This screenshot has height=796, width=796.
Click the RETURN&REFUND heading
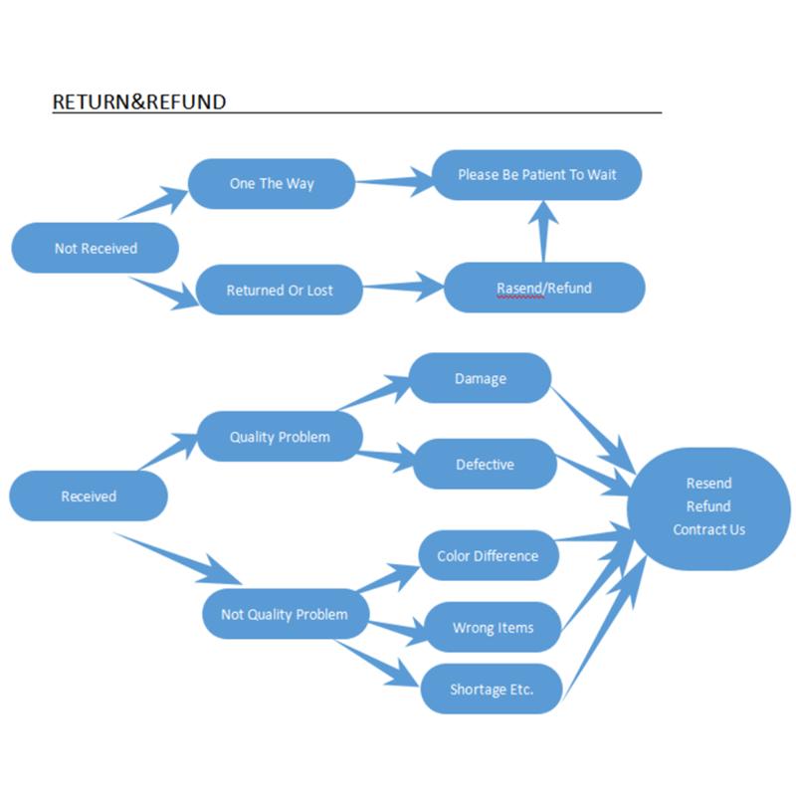pyautogui.click(x=138, y=101)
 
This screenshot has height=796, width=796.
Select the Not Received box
pyautogui.click(x=96, y=248)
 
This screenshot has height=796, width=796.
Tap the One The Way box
pyautogui.click(x=272, y=184)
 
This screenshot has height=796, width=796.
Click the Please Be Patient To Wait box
pyautogui.click(x=536, y=175)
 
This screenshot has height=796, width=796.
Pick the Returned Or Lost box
pyautogui.click(x=280, y=291)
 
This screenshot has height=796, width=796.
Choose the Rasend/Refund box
pyautogui.click(x=543, y=289)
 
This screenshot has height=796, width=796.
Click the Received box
pyautogui.click(x=89, y=496)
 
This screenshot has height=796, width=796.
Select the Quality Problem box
pyautogui.click(x=280, y=437)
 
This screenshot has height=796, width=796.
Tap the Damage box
pyautogui.click(x=481, y=378)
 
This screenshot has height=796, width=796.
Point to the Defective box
pyautogui.click(x=485, y=464)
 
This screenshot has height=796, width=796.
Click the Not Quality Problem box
pyautogui.click(x=285, y=614)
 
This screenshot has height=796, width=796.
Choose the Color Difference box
pyautogui.click(x=488, y=555)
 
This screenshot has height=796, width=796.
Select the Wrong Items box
pyautogui.click(x=493, y=628)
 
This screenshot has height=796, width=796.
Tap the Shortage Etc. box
pyautogui.click(x=492, y=689)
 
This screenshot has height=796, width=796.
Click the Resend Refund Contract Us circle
pyautogui.click(x=708, y=507)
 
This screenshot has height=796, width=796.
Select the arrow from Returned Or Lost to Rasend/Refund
pyautogui.click(x=403, y=289)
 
